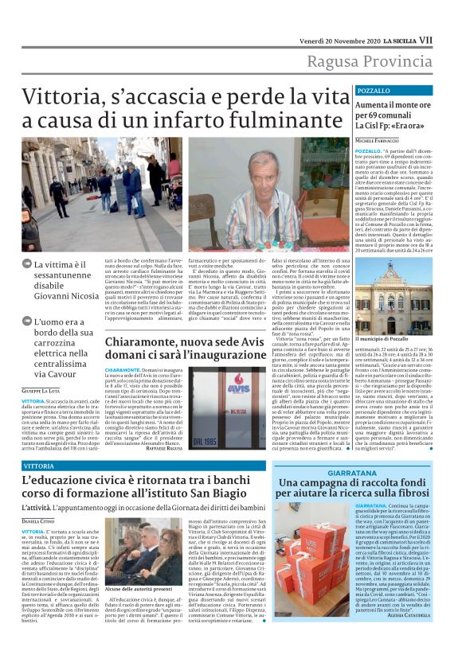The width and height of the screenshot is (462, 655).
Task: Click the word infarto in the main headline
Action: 188,120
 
